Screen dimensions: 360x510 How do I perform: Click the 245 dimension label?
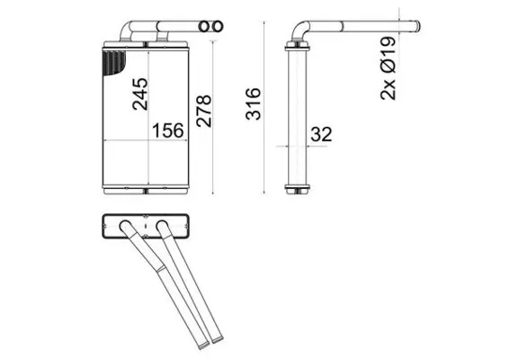point(140,93)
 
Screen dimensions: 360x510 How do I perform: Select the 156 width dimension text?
point(167,130)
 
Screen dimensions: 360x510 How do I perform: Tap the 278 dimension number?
point(203,112)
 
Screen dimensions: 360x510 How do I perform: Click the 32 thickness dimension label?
point(320,135)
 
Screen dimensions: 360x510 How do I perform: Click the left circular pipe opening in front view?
point(204,28)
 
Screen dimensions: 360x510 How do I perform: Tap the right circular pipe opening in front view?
point(216,28)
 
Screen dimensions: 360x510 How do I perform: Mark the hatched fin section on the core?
point(114,63)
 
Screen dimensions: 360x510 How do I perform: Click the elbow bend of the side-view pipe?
point(300,33)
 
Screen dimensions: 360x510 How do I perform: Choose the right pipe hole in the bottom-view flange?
point(163,225)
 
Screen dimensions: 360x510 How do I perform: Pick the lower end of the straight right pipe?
point(219,341)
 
